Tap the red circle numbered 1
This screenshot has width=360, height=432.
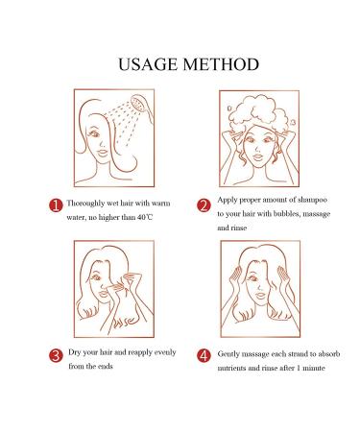click(x=57, y=204)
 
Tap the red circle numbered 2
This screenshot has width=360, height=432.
click(x=204, y=204)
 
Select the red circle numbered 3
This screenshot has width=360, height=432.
click(x=57, y=354)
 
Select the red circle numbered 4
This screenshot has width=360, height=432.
click(x=204, y=354)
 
